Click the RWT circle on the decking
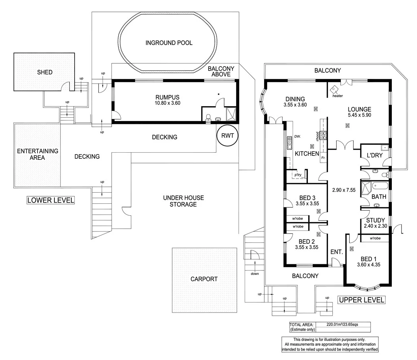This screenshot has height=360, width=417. (227, 136)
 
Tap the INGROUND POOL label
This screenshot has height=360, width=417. (169, 43)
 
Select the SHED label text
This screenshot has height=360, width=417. (45, 72)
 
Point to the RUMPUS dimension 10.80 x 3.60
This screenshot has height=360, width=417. (167, 103)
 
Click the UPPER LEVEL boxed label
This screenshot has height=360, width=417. (361, 300)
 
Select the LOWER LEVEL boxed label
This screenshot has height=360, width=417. (51, 200)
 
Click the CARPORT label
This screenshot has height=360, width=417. (204, 279)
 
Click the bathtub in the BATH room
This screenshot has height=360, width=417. (380, 187)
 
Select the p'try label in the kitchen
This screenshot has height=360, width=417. (298, 175)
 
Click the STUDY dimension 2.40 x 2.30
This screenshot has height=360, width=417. (375, 226)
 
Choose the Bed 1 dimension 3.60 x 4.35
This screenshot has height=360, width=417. (368, 264)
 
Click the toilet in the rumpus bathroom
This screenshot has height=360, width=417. (208, 117)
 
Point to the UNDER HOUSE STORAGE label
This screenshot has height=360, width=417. (183, 201)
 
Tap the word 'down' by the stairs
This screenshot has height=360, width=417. (254, 274)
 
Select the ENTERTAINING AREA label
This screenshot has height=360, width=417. (37, 154)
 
